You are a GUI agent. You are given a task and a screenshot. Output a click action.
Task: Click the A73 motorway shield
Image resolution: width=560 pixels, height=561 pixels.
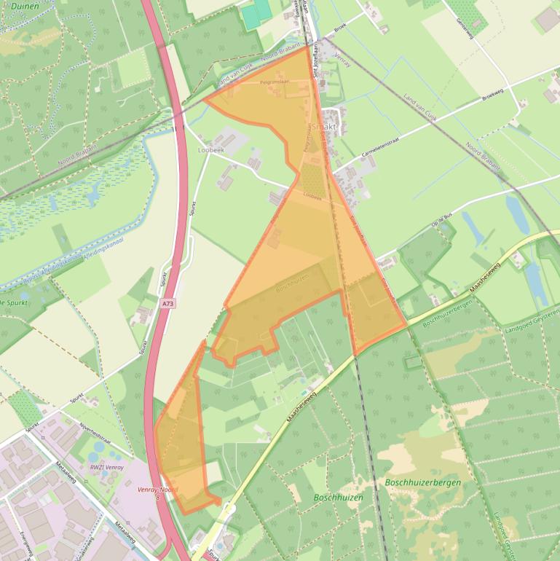click(168, 303)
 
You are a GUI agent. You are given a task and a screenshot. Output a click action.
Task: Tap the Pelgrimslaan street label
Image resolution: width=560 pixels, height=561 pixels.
click(275, 82)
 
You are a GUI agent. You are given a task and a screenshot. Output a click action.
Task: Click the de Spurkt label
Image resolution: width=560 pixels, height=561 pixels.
click(14, 301)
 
